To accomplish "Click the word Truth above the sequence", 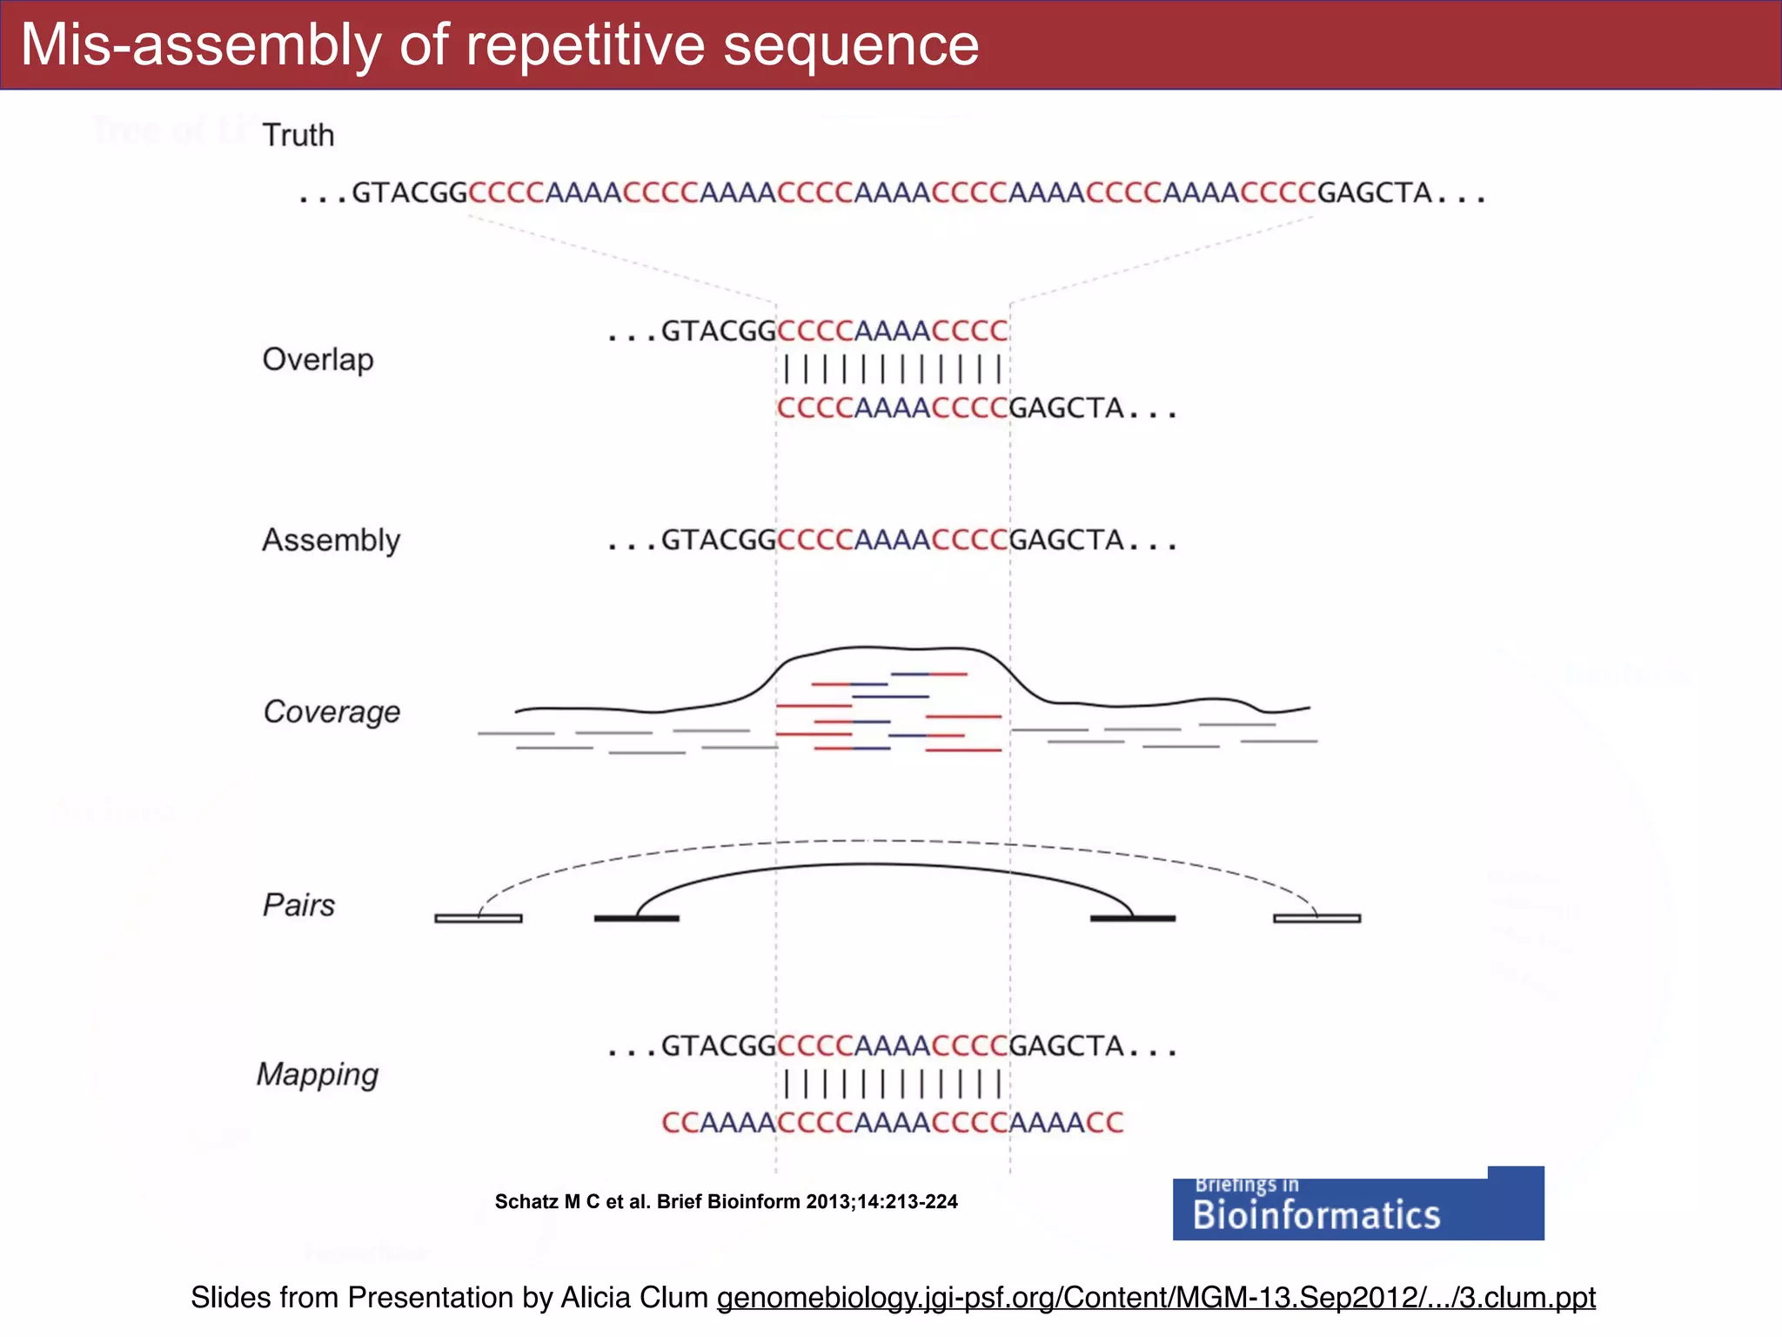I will (298, 136).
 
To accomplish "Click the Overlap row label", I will (318, 359).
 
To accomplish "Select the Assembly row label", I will (331, 540).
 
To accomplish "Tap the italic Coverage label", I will (332, 712).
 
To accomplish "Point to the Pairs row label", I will (298, 905).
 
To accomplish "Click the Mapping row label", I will (318, 1074).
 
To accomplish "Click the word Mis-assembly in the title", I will (201, 45).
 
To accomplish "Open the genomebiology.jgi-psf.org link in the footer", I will (1156, 1298).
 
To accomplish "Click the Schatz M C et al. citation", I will (726, 1202).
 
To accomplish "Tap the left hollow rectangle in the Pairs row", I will (479, 918).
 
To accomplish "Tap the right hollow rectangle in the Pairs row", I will (1316, 918).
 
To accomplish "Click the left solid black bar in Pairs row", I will (636, 918).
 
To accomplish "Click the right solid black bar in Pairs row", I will (1133, 918).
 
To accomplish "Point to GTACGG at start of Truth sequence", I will (410, 192).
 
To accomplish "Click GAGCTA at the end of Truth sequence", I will (1375, 192).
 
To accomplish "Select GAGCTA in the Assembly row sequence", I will (1068, 541).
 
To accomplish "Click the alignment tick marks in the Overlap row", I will (893, 369).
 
